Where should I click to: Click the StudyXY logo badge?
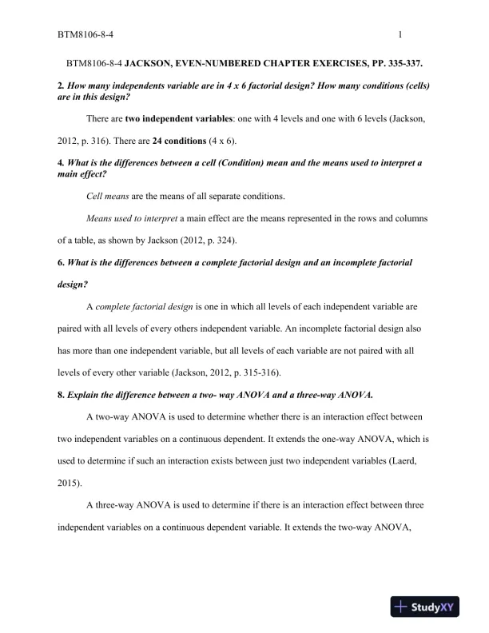click(423, 607)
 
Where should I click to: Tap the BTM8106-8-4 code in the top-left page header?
click(84, 35)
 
